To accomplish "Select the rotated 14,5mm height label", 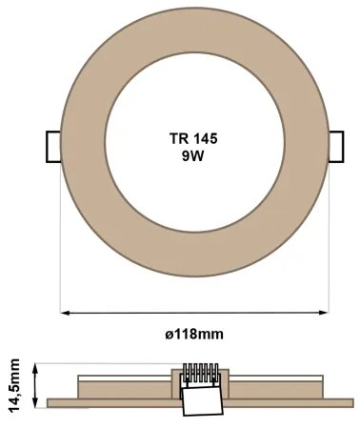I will (x=15, y=383).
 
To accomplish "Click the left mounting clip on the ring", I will (x=53, y=147).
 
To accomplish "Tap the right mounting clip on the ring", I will (x=337, y=147).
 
